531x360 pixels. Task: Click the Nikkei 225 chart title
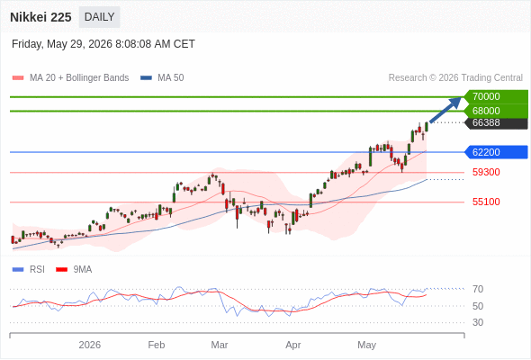pos(40,17)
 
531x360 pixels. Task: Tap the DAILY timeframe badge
pos(100,17)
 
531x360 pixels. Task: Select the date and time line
pos(103,44)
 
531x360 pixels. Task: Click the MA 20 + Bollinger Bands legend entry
pos(70,78)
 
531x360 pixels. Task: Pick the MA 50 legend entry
pos(162,78)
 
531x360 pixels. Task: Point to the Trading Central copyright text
pos(455,78)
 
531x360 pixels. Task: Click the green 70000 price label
pos(496,96)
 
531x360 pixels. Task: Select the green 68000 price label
pos(496,111)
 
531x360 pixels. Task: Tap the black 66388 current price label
pos(496,122)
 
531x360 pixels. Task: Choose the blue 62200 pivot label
pos(496,152)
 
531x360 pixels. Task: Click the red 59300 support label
pos(486,172)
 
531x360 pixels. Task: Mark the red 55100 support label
pos(486,202)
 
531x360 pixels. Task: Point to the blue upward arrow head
pos(455,103)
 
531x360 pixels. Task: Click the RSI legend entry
pos(29,270)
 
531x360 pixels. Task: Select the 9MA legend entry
pos(74,270)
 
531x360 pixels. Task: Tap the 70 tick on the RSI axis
pos(478,289)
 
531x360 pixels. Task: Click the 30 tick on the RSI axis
pos(478,322)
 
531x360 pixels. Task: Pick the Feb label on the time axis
pos(157,345)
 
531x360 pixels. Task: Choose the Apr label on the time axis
pos(292,345)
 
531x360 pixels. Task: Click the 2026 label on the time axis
pos(90,345)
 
